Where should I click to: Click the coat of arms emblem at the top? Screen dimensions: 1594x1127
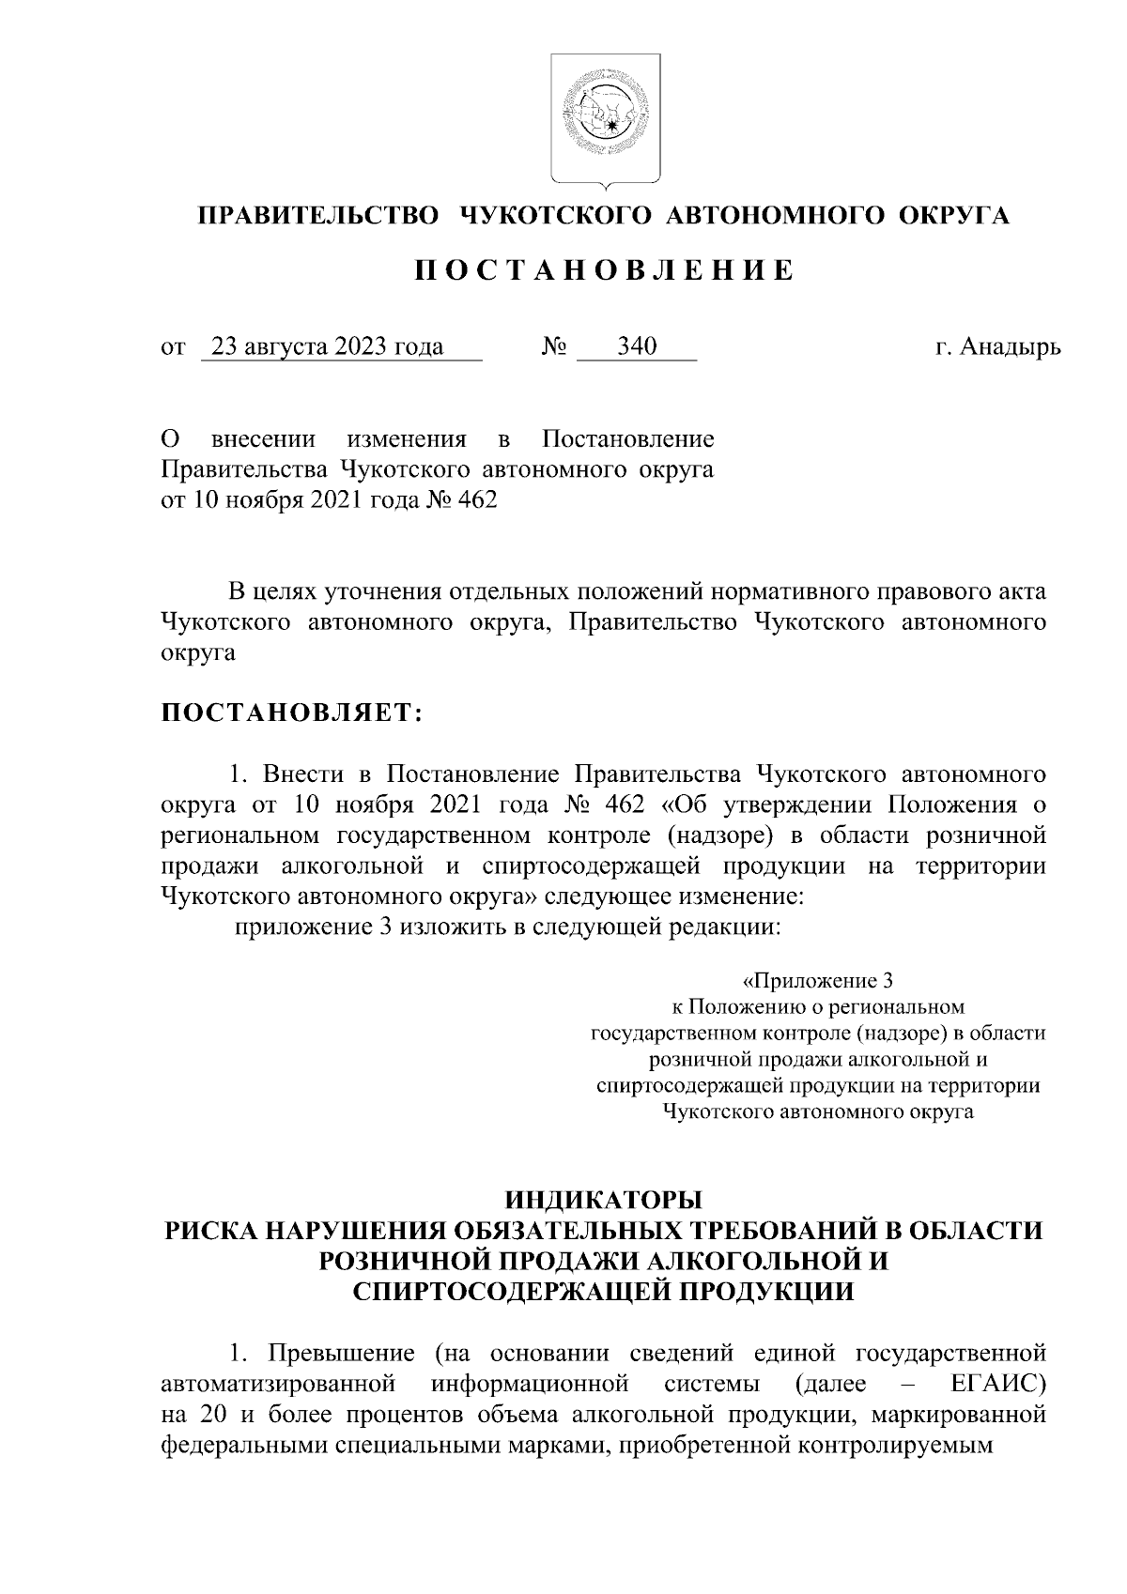tap(604, 117)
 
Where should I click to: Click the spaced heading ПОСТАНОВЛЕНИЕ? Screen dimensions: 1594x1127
tap(604, 271)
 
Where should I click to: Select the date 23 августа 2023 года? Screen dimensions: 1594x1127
tap(327, 347)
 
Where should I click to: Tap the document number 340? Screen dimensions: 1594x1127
tap(637, 347)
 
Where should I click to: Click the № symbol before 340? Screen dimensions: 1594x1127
tap(553, 347)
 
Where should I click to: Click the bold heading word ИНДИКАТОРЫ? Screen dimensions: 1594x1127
tap(603, 1200)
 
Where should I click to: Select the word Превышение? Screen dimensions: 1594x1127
tap(341, 1353)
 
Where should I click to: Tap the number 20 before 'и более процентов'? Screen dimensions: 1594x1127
tap(204, 1414)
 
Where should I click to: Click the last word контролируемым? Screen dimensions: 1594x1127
tap(900, 1445)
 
